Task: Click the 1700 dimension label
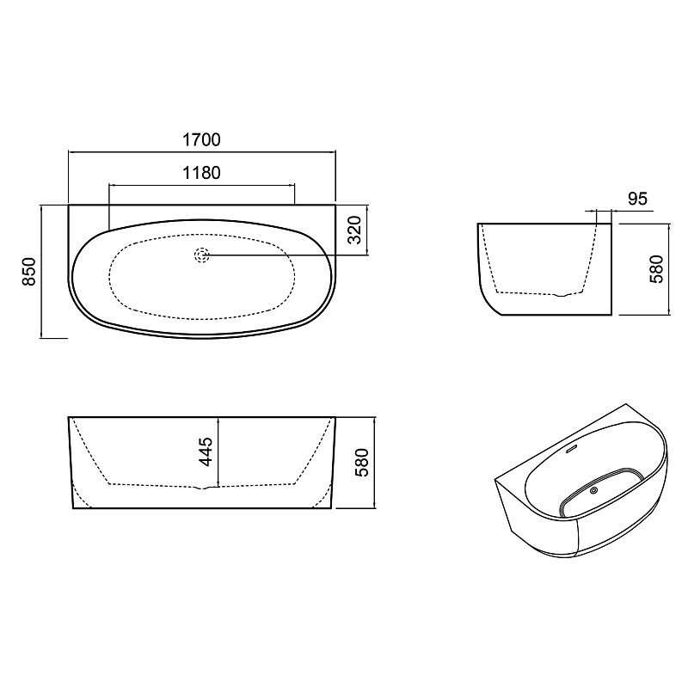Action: coord(201,139)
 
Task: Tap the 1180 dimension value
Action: coord(201,173)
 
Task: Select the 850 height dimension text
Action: coord(29,272)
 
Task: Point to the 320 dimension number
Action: coord(354,230)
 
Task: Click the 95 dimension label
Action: coord(637,199)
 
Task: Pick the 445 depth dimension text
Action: coord(206,451)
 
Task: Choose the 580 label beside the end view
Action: coord(656,269)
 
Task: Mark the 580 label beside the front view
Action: coord(362,463)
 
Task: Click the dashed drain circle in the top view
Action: coord(201,255)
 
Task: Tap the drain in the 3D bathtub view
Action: coord(594,490)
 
